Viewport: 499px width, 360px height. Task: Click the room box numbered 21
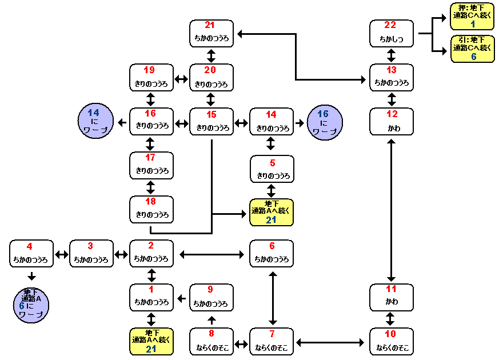(x=211, y=34)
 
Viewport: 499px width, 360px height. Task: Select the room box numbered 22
(x=392, y=34)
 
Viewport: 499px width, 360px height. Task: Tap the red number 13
(x=392, y=70)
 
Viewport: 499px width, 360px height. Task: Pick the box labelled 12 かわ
(x=392, y=122)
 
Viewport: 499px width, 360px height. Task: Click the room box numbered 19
(x=151, y=78)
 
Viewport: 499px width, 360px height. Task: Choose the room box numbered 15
(x=211, y=122)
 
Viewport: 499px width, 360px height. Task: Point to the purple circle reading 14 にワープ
(x=95, y=121)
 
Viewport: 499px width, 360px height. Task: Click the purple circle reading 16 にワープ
(x=325, y=121)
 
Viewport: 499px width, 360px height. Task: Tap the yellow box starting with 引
(x=473, y=49)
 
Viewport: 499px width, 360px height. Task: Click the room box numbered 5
(x=272, y=169)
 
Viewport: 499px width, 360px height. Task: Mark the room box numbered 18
(x=151, y=209)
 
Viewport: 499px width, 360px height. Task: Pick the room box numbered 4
(x=31, y=254)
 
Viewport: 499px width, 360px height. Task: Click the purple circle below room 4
(x=31, y=306)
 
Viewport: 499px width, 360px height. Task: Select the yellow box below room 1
(x=151, y=341)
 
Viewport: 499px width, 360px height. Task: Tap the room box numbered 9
(x=211, y=297)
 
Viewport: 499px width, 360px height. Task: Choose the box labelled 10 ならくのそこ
(x=392, y=341)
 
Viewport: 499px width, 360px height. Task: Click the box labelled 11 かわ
(x=392, y=297)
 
